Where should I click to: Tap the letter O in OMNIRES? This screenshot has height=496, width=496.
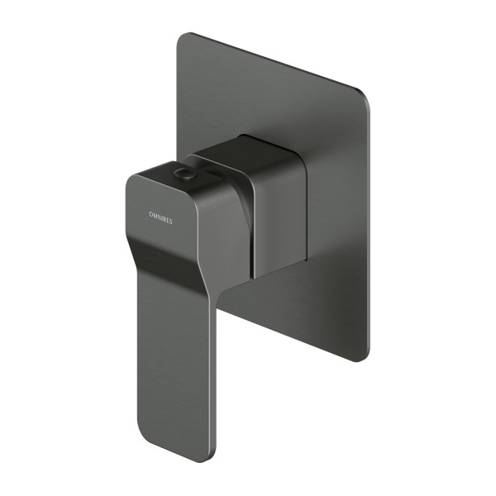pyautogui.click(x=150, y=213)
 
